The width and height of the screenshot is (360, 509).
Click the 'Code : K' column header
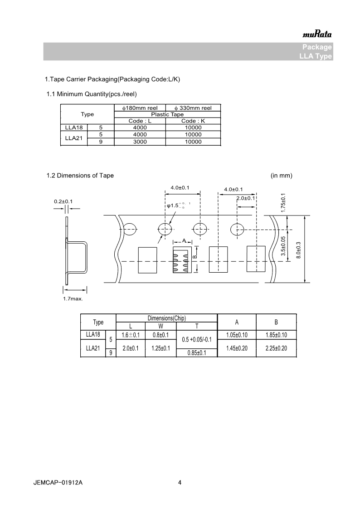[x=193, y=121]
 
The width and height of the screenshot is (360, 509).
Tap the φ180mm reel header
[x=140, y=108]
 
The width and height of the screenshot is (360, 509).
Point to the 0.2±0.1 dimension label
[x=63, y=201]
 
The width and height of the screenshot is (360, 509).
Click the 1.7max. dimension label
[x=73, y=299]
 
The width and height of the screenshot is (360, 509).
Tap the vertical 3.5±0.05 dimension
[x=283, y=247]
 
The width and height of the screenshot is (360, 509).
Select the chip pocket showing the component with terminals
[x=182, y=260]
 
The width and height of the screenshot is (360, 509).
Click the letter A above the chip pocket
[x=184, y=240]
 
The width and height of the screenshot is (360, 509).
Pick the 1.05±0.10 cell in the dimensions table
[x=237, y=335]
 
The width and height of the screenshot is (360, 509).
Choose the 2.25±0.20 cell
[x=276, y=348]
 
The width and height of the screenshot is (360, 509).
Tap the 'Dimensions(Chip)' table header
[x=167, y=318]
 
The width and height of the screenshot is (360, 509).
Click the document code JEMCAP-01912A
[x=58, y=483]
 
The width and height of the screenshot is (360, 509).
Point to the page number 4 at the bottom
[x=180, y=483]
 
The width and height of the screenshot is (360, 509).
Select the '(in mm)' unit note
[x=281, y=176]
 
